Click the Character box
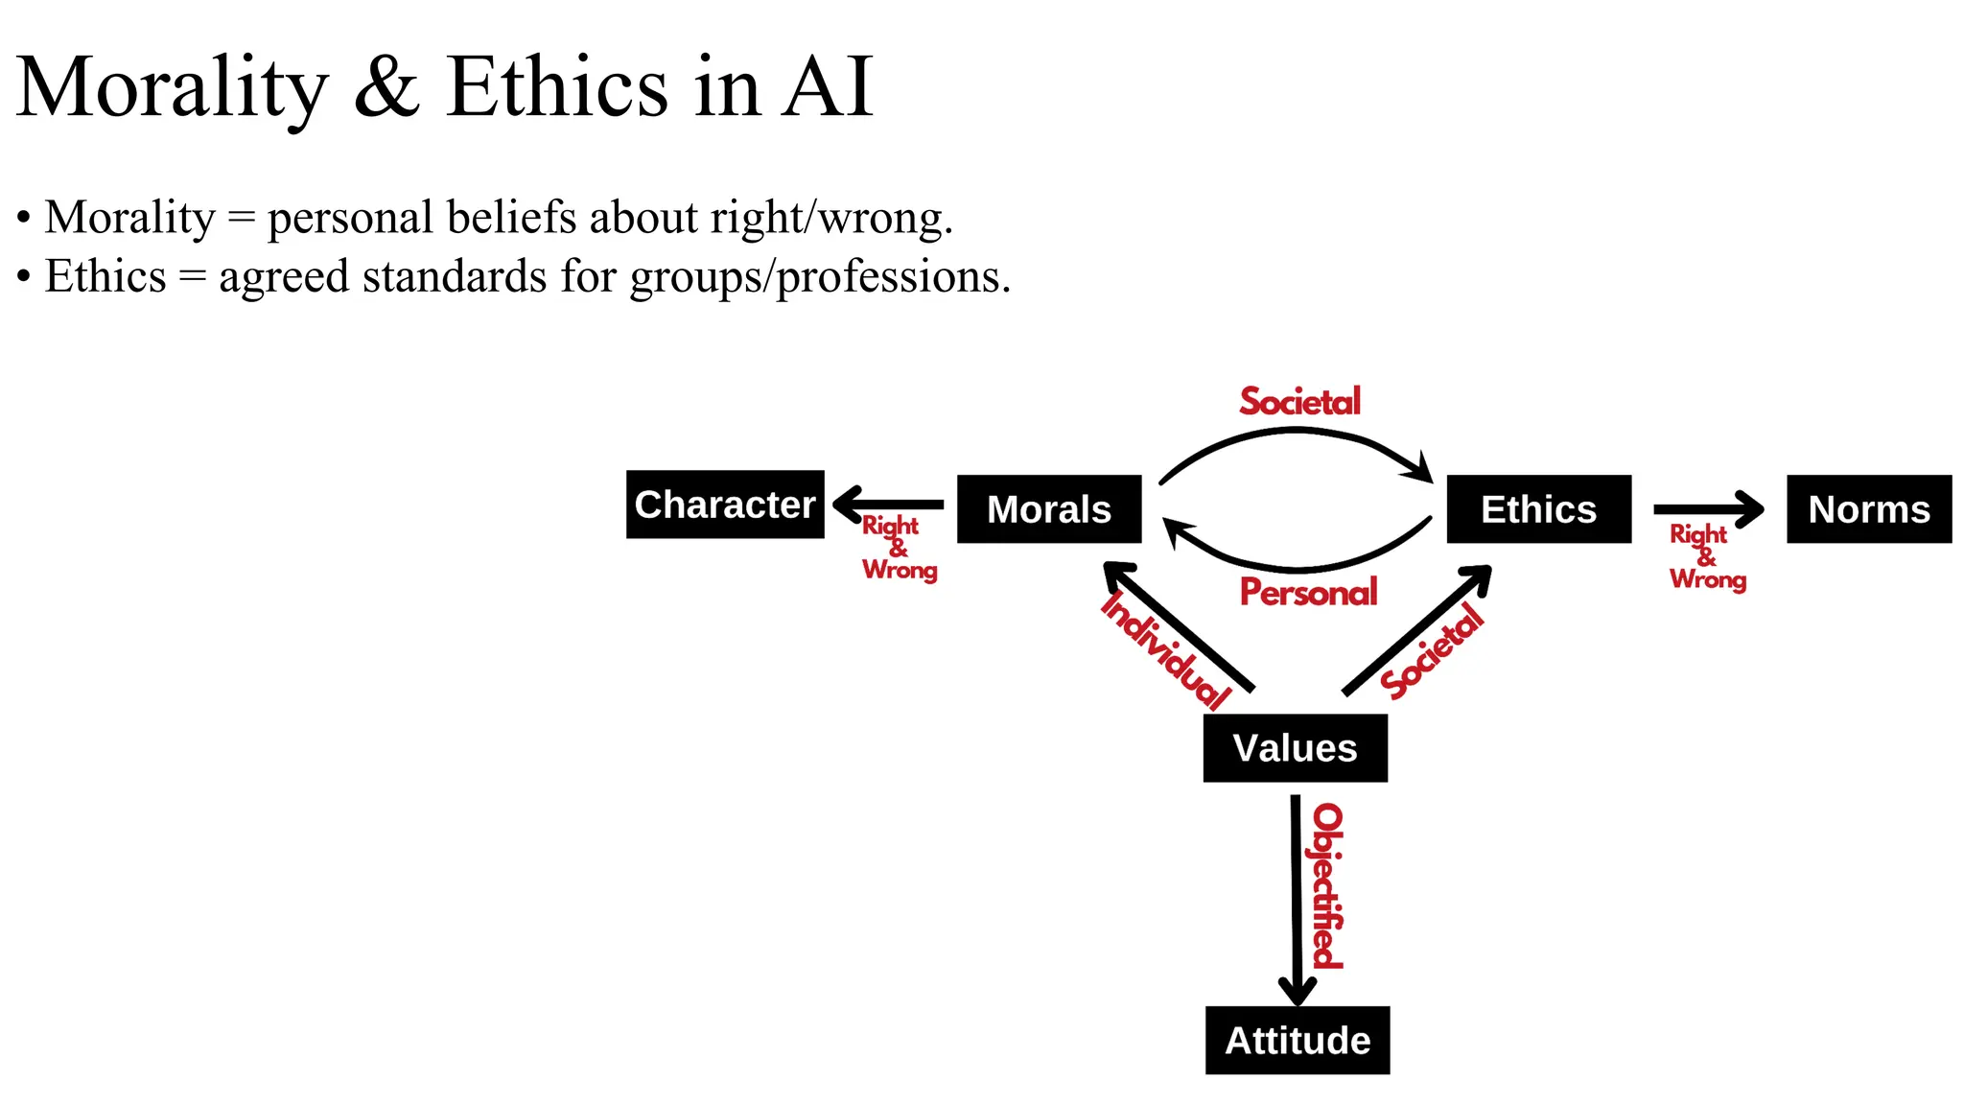click(725, 505)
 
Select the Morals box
click(1049, 509)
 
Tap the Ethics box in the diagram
click(1538, 509)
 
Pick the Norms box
click(1869, 509)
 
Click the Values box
click(1295, 748)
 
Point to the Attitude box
click(1298, 1041)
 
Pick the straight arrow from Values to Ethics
click(1417, 629)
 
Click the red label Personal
click(1308, 593)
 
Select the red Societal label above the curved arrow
click(1299, 402)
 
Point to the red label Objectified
click(1328, 887)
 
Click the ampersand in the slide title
click(386, 88)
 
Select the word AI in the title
click(827, 88)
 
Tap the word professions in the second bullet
click(892, 278)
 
